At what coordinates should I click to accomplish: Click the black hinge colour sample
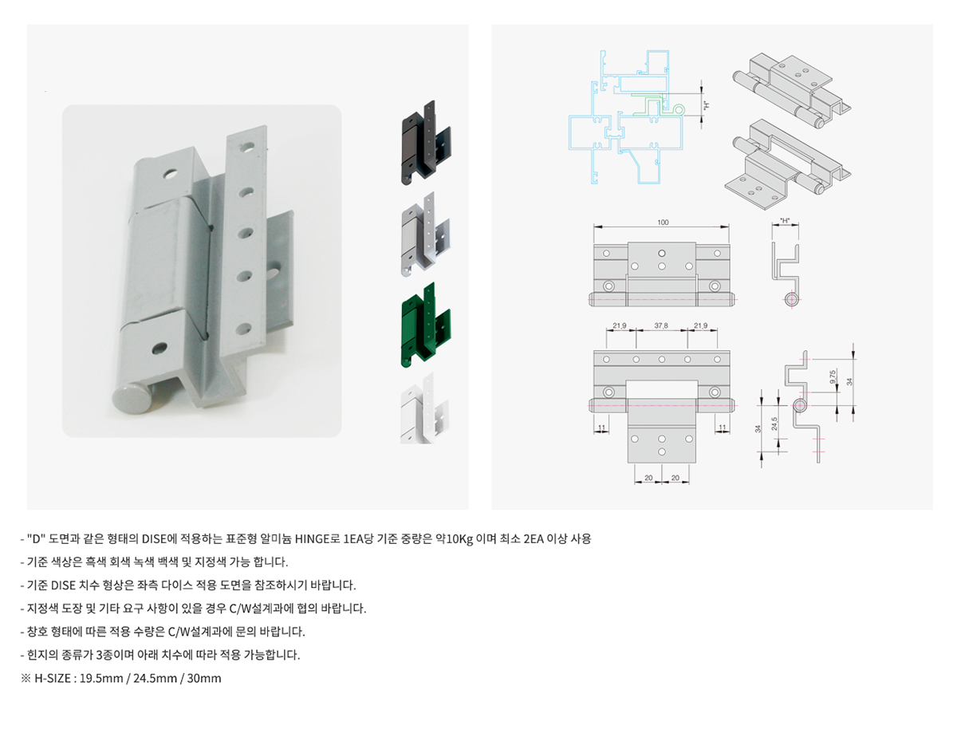(426, 143)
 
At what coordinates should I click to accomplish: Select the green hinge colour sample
(426, 325)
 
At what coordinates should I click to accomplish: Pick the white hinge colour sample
(423, 408)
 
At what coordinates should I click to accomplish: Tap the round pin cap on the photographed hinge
(130, 398)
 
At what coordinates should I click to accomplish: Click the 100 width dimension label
(662, 223)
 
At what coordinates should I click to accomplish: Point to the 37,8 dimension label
(661, 325)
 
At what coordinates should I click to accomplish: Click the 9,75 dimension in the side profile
(833, 376)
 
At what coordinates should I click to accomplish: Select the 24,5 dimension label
(774, 424)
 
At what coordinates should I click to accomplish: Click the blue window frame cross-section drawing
(626, 117)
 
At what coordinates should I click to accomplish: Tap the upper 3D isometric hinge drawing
(791, 91)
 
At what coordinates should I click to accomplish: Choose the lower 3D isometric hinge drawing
(787, 164)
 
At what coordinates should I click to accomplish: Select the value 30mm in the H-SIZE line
(204, 679)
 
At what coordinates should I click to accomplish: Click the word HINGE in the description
(312, 539)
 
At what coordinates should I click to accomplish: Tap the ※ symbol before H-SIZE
(26, 679)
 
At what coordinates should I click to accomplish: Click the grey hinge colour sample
(426, 234)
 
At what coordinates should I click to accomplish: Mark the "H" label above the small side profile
(785, 221)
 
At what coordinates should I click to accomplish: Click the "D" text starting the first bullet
(36, 539)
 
